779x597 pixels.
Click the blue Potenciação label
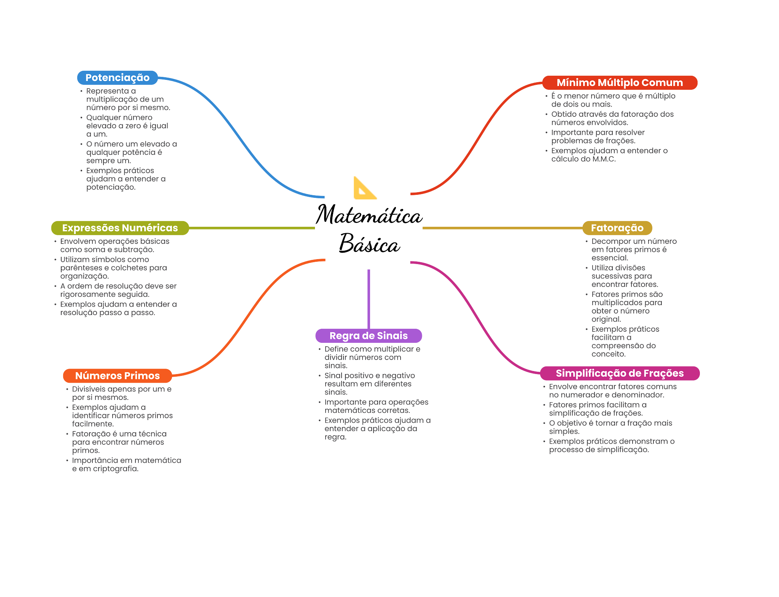tap(117, 78)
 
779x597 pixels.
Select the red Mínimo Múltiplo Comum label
tap(620, 83)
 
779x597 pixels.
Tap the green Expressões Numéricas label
tap(120, 228)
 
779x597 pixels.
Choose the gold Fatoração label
tap(617, 228)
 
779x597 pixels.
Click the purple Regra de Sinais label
tap(369, 336)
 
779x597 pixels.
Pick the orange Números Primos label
tap(117, 376)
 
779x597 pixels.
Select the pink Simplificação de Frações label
tap(620, 373)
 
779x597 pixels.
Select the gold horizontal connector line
tap(502, 228)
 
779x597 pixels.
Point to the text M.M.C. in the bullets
tap(604, 159)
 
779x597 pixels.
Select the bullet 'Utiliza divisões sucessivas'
tap(624, 276)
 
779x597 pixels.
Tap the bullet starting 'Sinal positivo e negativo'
tap(369, 384)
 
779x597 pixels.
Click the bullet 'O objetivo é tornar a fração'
tap(610, 427)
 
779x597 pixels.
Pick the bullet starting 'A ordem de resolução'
tap(118, 290)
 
